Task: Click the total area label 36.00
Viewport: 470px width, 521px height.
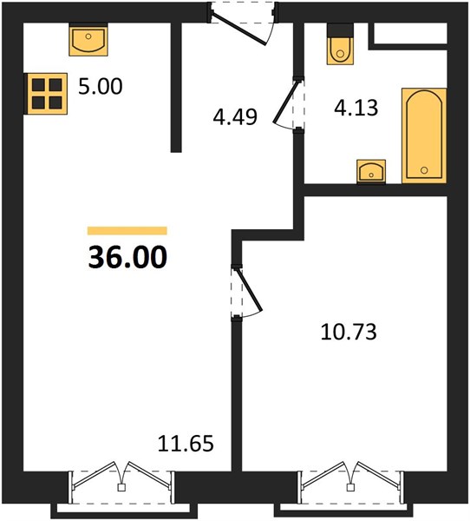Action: [127, 257]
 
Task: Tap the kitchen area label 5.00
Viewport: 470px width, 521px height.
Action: [101, 86]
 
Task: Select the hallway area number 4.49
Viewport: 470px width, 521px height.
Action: [235, 117]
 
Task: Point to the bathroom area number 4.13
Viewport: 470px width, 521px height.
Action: [356, 108]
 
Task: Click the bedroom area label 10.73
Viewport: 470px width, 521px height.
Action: [349, 332]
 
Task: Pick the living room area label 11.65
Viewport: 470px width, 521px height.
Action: [186, 443]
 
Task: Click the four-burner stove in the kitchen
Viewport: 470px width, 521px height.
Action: [47, 94]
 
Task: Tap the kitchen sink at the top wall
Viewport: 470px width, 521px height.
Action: [88, 39]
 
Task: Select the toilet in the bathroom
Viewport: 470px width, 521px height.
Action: [340, 44]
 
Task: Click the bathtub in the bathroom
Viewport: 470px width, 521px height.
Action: [424, 135]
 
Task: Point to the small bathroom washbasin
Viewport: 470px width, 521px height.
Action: [371, 171]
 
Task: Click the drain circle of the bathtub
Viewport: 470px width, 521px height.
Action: [424, 170]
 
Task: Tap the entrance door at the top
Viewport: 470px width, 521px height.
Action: [239, 29]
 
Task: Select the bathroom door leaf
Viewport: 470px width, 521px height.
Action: [286, 101]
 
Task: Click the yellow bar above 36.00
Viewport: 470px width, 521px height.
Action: [127, 231]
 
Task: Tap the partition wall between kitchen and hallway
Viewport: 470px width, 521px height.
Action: [176, 88]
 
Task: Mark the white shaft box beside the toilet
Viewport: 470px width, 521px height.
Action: [410, 33]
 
